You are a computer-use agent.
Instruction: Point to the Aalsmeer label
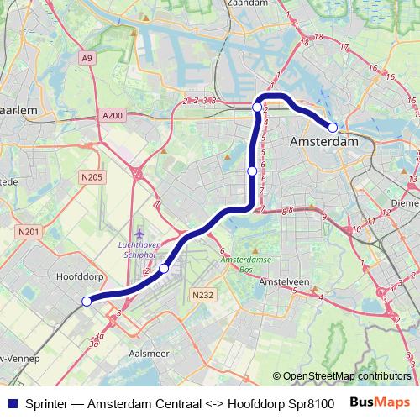[x=145, y=354]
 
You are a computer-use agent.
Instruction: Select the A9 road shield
[x=87, y=58]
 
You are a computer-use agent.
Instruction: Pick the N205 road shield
[x=92, y=176]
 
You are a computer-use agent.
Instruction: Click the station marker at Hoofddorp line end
[x=87, y=301]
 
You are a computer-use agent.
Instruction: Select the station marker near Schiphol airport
[x=164, y=268]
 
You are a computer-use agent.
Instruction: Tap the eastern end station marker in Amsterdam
[x=333, y=128]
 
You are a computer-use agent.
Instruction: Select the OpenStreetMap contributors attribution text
[x=342, y=376]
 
